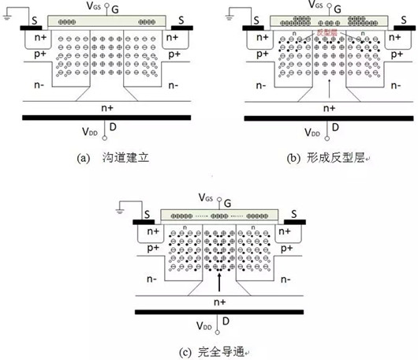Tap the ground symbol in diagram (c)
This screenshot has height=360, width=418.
tap(121, 208)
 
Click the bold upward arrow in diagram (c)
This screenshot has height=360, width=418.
tap(214, 281)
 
